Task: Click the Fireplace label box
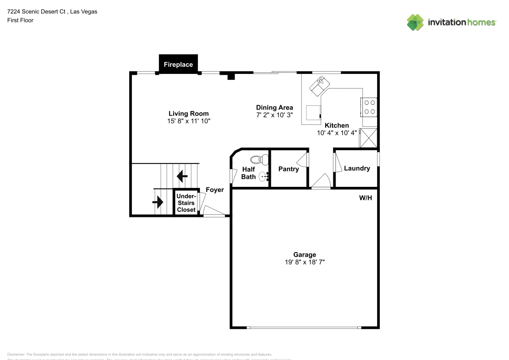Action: pos(178,65)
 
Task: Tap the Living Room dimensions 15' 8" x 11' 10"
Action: pos(188,121)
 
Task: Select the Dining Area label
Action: pos(274,107)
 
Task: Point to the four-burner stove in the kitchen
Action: pos(370,107)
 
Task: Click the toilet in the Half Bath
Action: pos(260,159)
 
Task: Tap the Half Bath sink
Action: pos(264,177)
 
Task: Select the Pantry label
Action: pos(289,169)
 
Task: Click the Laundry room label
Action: pos(357,169)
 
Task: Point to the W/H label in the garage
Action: pos(365,198)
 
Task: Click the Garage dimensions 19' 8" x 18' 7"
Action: pos(304,262)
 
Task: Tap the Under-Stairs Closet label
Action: pos(186,203)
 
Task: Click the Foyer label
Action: pos(214,190)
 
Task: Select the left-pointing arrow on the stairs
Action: pos(182,176)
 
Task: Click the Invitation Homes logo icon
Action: pos(415,22)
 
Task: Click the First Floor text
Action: pos(20,20)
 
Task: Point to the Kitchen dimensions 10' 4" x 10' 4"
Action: pos(336,133)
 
